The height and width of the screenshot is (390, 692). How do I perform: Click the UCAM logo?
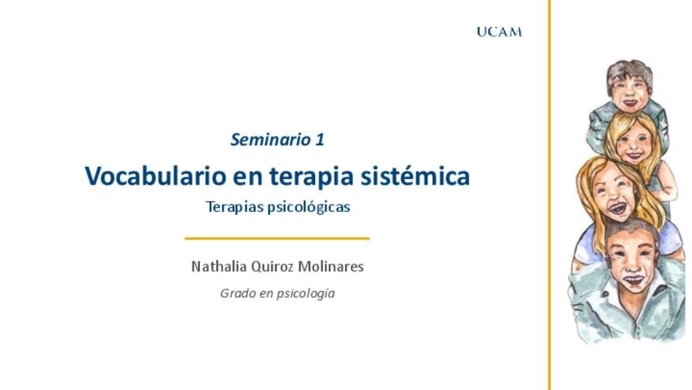point(499,32)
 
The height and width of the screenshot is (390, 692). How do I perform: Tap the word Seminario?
point(271,140)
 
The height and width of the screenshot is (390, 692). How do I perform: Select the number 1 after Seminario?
point(320,140)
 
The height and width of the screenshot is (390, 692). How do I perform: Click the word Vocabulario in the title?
point(155,176)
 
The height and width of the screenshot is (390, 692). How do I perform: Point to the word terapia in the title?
point(312,177)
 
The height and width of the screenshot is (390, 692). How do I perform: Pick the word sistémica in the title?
point(415,176)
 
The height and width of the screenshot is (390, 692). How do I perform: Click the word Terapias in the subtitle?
point(234,207)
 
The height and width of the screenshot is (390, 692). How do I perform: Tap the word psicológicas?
point(309,207)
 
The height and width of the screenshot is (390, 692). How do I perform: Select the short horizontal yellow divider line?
point(277,239)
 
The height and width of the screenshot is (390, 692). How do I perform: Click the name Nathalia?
point(219,267)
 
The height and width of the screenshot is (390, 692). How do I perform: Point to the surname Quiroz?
point(273,267)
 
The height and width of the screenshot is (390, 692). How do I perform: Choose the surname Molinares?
point(331,267)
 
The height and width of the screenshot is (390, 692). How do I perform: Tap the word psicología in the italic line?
point(308,294)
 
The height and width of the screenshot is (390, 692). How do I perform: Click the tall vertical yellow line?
point(549,195)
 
